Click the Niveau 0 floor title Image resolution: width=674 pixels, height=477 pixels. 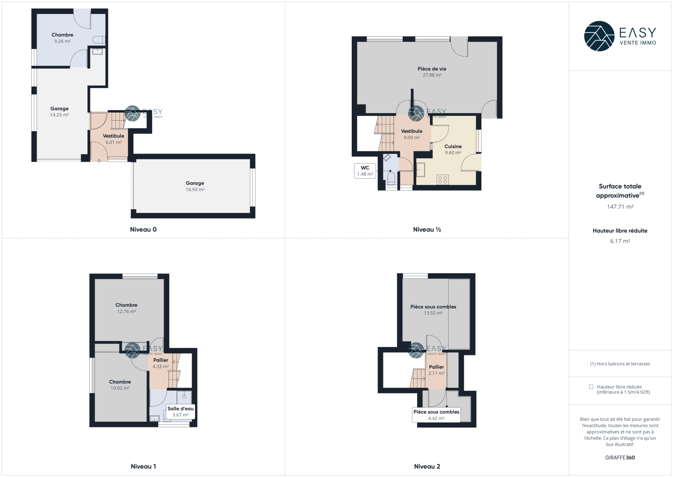pos(143,229)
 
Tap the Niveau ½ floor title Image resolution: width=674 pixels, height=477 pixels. pos(427,229)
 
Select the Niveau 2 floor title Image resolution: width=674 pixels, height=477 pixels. pos(427,466)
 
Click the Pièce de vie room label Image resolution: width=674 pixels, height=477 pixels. pos(432,69)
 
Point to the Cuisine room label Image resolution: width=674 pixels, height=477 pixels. pos(453,146)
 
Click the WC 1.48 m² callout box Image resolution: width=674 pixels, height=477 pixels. pos(365,171)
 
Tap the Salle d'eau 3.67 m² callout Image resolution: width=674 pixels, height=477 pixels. pos(181,412)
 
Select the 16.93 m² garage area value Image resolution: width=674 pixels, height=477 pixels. pos(195,189)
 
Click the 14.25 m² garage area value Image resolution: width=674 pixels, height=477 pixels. pos(59,115)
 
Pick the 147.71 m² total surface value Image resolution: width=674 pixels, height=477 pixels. pos(620,207)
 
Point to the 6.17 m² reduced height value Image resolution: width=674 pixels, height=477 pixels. pos(620,241)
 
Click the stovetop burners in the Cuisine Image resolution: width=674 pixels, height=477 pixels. pos(443,180)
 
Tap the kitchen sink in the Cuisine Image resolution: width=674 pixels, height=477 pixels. pos(421,170)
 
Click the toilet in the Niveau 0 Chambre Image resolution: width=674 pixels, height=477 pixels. pos(99,40)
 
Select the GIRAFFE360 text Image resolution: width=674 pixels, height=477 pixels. pos(620,458)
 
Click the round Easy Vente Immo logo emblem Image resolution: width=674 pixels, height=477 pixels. pos(599,36)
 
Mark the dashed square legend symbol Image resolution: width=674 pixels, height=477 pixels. pos(591,387)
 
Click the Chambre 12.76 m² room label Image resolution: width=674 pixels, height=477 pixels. pos(126,308)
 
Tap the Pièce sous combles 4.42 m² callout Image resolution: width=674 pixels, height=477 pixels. pos(436,415)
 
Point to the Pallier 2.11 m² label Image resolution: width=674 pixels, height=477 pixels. pos(436,370)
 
